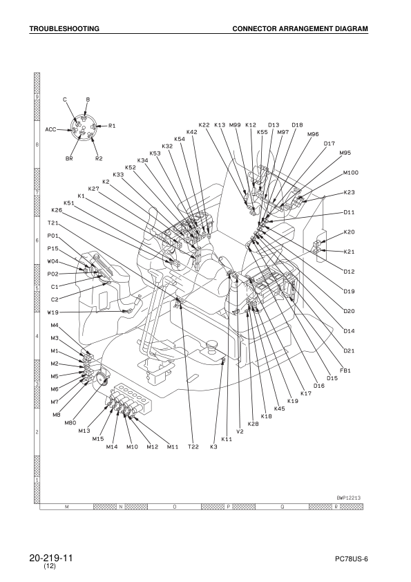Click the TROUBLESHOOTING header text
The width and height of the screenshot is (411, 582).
(64, 29)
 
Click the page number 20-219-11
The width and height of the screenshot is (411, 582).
(51, 557)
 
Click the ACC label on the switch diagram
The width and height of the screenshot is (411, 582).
(50, 129)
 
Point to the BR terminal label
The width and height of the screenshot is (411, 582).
(69, 158)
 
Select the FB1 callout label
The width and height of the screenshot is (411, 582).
(346, 370)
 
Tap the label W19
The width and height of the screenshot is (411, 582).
(53, 312)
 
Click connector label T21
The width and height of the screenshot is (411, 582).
(53, 223)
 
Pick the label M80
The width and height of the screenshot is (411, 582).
(70, 422)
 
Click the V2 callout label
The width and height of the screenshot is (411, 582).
(240, 431)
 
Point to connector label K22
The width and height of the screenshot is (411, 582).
(204, 124)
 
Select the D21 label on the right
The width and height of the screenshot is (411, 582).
(350, 351)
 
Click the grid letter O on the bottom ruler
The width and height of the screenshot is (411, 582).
(174, 507)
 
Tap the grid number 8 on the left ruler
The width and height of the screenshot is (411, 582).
(37, 145)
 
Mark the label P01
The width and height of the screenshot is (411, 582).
(53, 236)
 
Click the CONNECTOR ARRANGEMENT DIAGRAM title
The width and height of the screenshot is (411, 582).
(300, 29)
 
